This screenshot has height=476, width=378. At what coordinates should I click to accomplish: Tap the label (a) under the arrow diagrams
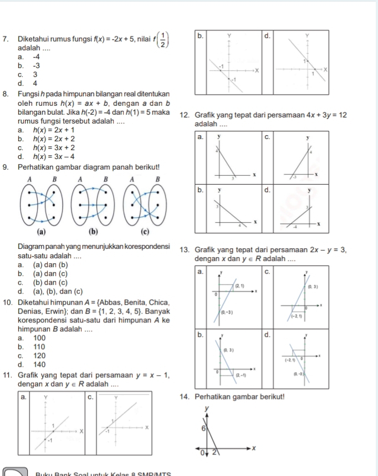click(x=40, y=231)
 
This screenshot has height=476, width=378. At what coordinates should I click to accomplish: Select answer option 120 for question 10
click(x=28, y=355)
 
